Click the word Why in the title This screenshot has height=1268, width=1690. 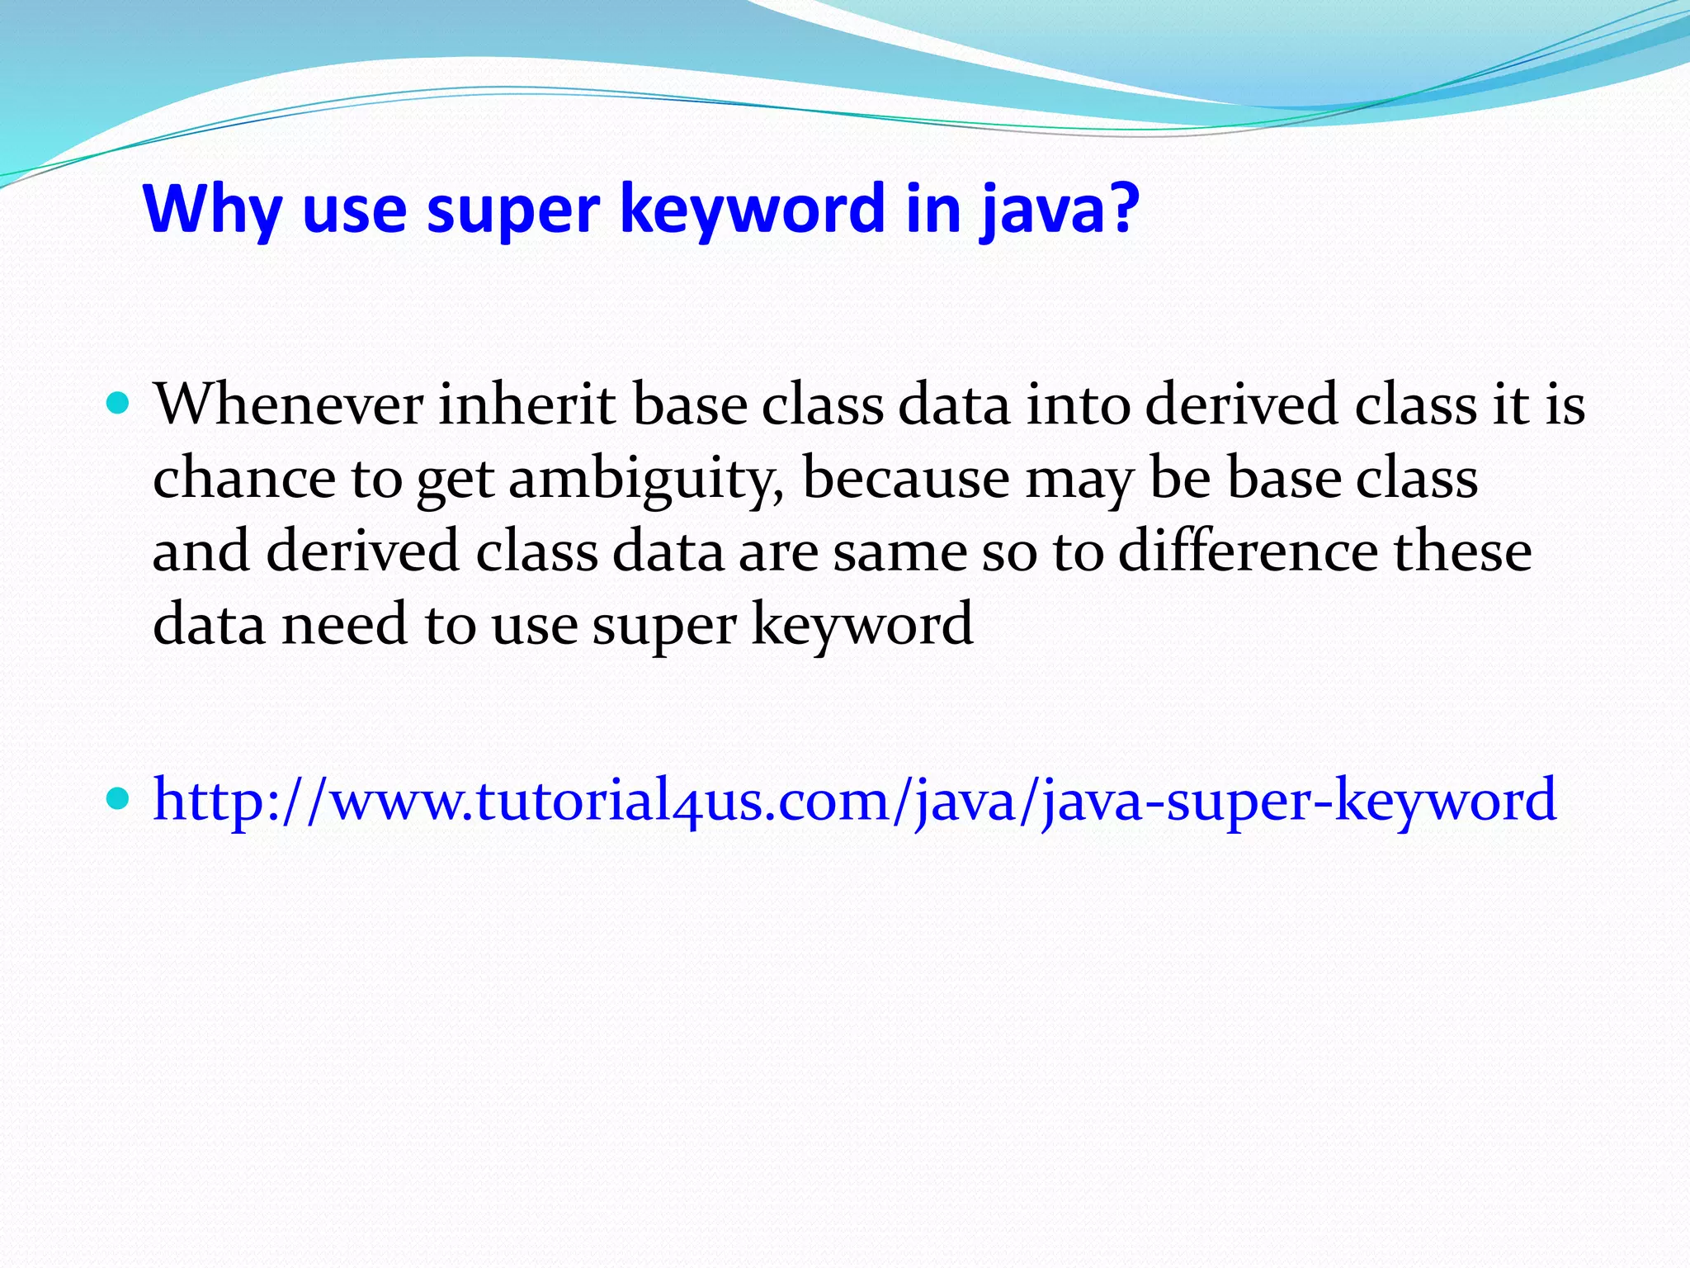pos(211,210)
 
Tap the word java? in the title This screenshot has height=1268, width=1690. pos(1060,210)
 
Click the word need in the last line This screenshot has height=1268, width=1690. pos(345,624)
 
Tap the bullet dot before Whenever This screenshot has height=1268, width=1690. pos(119,404)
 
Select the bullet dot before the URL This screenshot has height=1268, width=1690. pos(119,798)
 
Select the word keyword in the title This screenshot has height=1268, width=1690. pos(752,210)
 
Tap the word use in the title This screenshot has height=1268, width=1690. pos(354,210)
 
